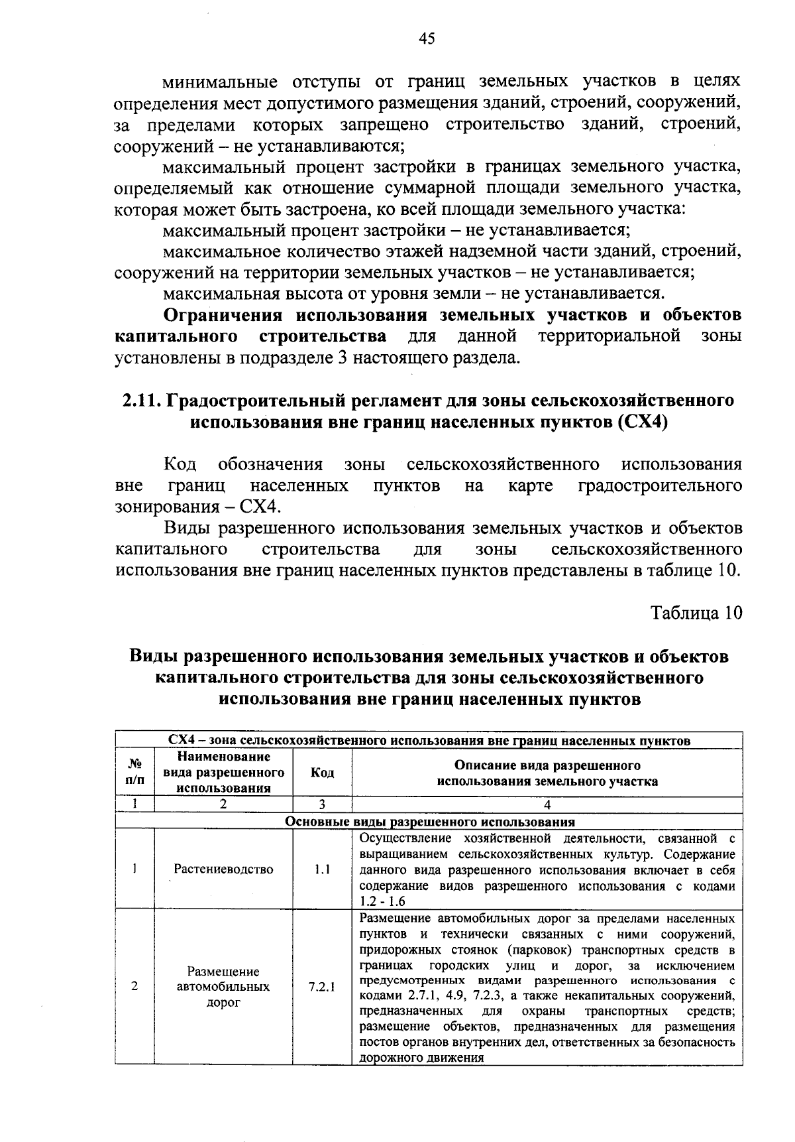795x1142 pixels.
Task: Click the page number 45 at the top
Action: (x=427, y=38)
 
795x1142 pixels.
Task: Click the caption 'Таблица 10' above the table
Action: (x=696, y=612)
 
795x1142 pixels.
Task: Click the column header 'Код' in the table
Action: (x=322, y=773)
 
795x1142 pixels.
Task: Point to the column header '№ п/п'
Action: (x=134, y=773)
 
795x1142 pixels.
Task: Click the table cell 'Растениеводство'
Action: (x=223, y=869)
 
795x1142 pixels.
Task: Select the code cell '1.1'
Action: (x=322, y=869)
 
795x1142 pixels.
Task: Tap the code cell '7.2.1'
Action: (x=322, y=986)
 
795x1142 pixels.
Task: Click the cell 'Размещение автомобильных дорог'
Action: (x=223, y=986)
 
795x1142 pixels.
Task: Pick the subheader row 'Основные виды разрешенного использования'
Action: (x=429, y=821)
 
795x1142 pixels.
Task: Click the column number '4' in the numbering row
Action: (x=547, y=804)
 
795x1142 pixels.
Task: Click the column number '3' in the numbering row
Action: (x=322, y=804)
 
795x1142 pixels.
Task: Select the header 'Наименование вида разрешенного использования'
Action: (x=223, y=773)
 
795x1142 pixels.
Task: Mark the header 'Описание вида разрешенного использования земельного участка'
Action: (x=547, y=773)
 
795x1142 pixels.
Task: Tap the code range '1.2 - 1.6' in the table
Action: (x=382, y=901)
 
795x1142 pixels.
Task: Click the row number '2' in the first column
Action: (x=134, y=986)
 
